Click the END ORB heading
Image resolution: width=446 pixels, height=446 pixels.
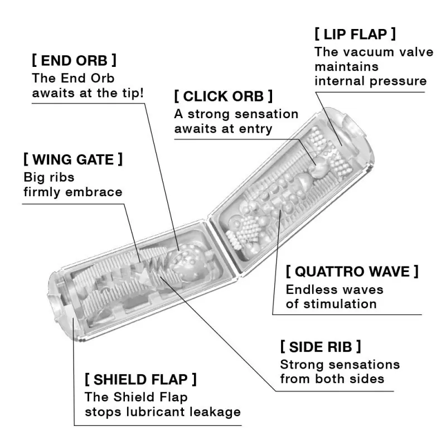click(74, 60)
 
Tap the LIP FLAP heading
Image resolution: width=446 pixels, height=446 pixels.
click(356, 33)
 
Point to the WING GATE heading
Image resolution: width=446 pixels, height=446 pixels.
click(73, 159)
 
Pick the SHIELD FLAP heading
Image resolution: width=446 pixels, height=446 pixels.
click(140, 380)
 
